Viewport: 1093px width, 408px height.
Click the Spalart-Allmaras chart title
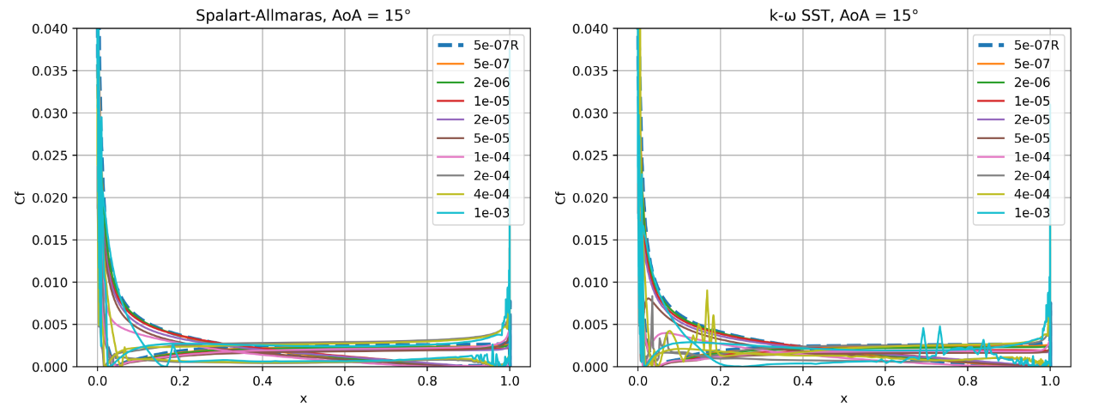(304, 15)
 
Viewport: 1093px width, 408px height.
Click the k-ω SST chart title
(843, 15)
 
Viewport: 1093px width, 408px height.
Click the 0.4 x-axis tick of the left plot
(263, 381)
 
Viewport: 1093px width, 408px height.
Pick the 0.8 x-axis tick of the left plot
(428, 381)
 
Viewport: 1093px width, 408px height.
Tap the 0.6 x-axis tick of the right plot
(885, 381)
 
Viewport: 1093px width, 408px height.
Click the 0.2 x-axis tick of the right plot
(720, 381)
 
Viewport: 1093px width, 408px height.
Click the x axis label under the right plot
(843, 398)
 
